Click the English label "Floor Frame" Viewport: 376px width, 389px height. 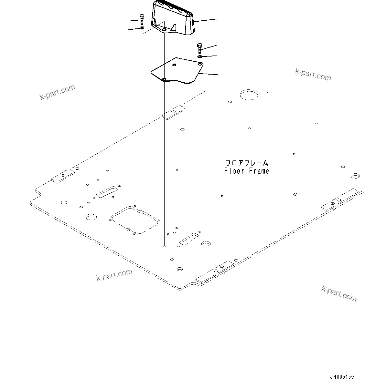pos(247,171)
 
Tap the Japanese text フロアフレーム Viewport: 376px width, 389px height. pos(247,163)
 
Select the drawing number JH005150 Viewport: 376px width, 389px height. pos(342,377)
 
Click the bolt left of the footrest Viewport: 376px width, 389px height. pos(142,19)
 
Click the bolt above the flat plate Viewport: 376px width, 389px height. pos(199,48)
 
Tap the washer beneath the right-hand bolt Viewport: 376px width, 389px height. pos(200,57)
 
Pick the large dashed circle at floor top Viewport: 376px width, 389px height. pos(249,95)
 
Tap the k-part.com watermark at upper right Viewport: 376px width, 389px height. pos(313,74)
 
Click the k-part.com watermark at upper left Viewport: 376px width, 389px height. pos(57,92)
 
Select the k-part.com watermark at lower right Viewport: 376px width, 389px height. pos(339,293)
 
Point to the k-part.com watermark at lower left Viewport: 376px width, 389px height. pos(114,275)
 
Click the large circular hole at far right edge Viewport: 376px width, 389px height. pos(355,176)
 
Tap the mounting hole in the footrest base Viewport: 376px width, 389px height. pos(165,30)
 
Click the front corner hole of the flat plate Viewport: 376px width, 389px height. pos(164,79)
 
